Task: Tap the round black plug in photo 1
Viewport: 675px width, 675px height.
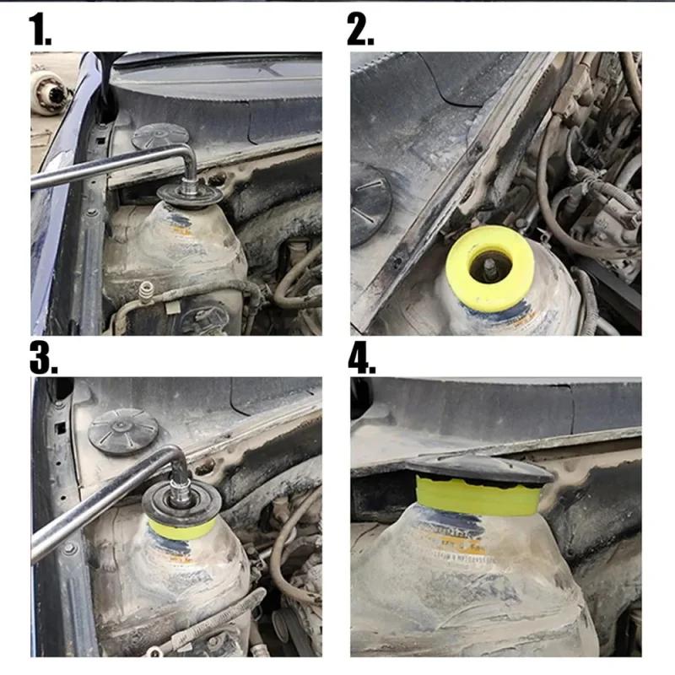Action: (160, 135)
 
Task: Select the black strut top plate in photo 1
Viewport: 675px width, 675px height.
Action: (191, 196)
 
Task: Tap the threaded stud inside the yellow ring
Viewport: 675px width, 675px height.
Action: (489, 269)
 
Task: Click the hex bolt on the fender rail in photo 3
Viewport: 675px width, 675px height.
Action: (69, 549)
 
